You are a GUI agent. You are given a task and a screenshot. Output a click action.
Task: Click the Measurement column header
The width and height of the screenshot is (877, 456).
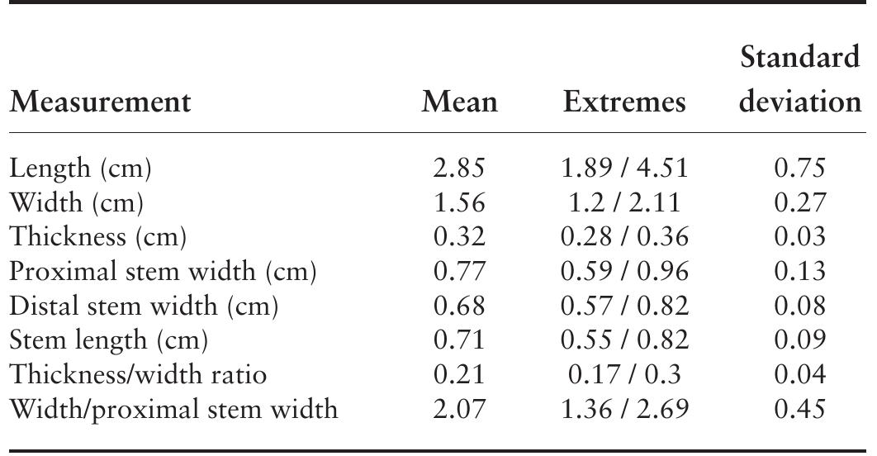tap(100, 102)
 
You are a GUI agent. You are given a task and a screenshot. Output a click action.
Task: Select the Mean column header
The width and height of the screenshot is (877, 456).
tap(460, 102)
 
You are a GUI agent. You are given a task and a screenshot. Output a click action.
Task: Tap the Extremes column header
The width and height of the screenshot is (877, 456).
tap(624, 102)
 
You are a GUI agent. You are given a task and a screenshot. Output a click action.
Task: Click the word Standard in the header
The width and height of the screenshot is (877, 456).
tap(800, 59)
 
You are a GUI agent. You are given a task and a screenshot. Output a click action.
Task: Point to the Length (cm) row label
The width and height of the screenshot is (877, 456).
tap(80, 169)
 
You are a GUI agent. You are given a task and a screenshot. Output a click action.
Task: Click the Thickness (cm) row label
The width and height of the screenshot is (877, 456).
tap(98, 237)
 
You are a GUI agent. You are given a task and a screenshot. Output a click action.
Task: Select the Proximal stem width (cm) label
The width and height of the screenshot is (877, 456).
tap(164, 272)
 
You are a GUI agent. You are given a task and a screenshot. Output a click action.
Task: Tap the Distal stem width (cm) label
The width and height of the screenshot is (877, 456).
tap(144, 306)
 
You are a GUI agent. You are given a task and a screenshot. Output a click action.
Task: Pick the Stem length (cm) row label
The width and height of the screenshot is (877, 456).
tap(108, 340)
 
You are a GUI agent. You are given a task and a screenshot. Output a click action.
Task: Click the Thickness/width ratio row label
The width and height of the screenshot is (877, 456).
tap(138, 375)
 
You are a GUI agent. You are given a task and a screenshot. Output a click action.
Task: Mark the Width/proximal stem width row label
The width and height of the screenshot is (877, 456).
tap(173, 409)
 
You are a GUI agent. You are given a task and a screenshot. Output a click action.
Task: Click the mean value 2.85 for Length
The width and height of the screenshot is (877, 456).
tap(460, 169)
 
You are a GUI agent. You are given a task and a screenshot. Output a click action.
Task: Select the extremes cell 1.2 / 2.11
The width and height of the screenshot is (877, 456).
tap(624, 202)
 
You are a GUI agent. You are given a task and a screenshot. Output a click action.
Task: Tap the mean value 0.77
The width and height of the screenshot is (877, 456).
tap(460, 272)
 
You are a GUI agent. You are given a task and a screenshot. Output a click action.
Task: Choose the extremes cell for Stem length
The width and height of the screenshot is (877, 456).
tap(624, 340)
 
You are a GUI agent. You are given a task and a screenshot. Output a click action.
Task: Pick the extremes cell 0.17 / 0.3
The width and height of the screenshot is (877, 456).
tap(624, 375)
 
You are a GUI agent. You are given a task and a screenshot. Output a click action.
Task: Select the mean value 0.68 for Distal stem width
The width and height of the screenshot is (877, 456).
tap(460, 306)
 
